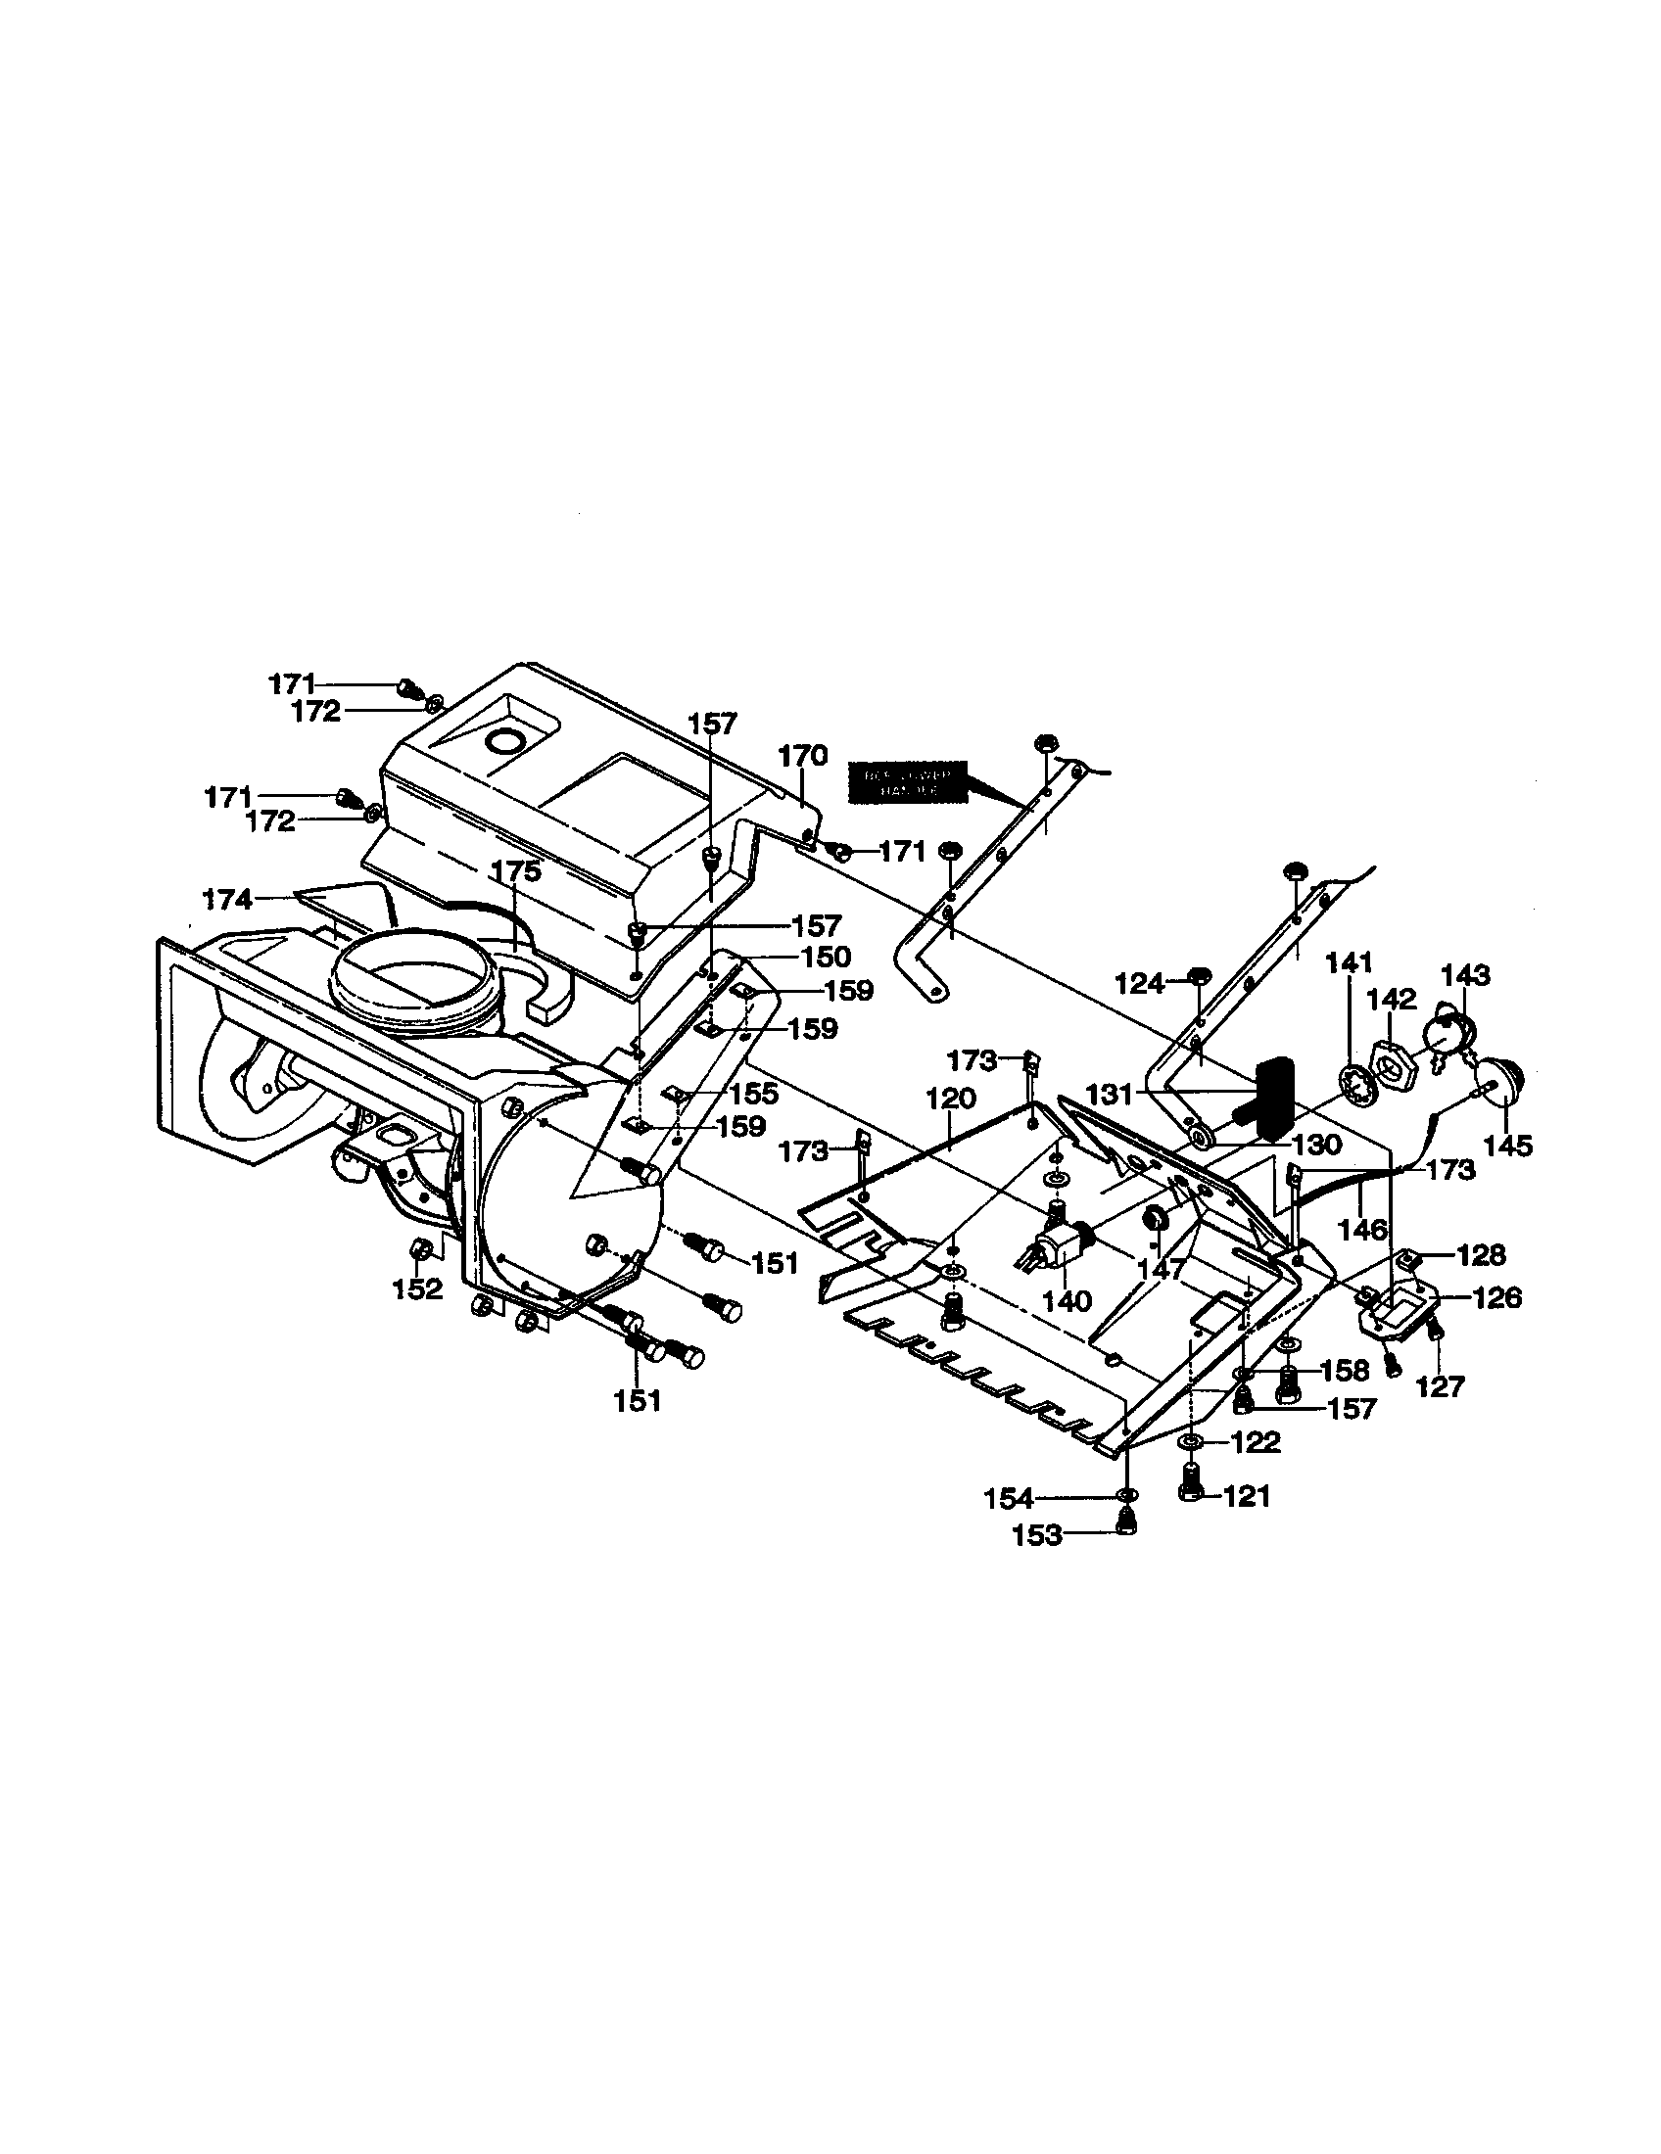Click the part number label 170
click(x=802, y=757)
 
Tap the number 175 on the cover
click(x=516, y=870)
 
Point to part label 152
click(x=418, y=1288)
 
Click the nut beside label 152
click(x=418, y=1250)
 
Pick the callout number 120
click(x=950, y=1098)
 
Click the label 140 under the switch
click(x=1067, y=1301)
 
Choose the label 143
click(x=1465, y=975)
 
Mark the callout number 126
click(x=1496, y=1297)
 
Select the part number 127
click(x=1441, y=1386)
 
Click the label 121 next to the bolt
click(x=1247, y=1496)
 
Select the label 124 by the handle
click(x=1140, y=982)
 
